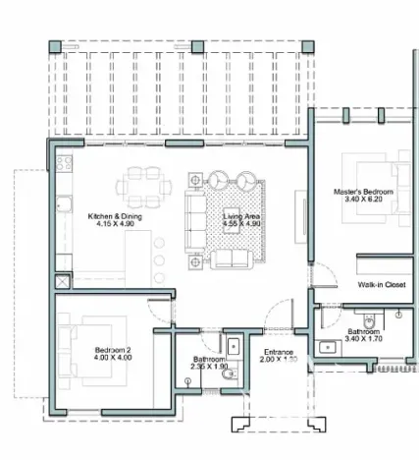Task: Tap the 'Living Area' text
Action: click(x=241, y=215)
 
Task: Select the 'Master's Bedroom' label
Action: click(x=363, y=190)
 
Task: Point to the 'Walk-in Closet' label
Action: click(x=382, y=284)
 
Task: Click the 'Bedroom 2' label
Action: click(x=114, y=350)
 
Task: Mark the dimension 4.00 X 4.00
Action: click(x=114, y=359)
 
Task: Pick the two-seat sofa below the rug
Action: click(x=231, y=259)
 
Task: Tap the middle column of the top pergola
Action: click(x=196, y=46)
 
